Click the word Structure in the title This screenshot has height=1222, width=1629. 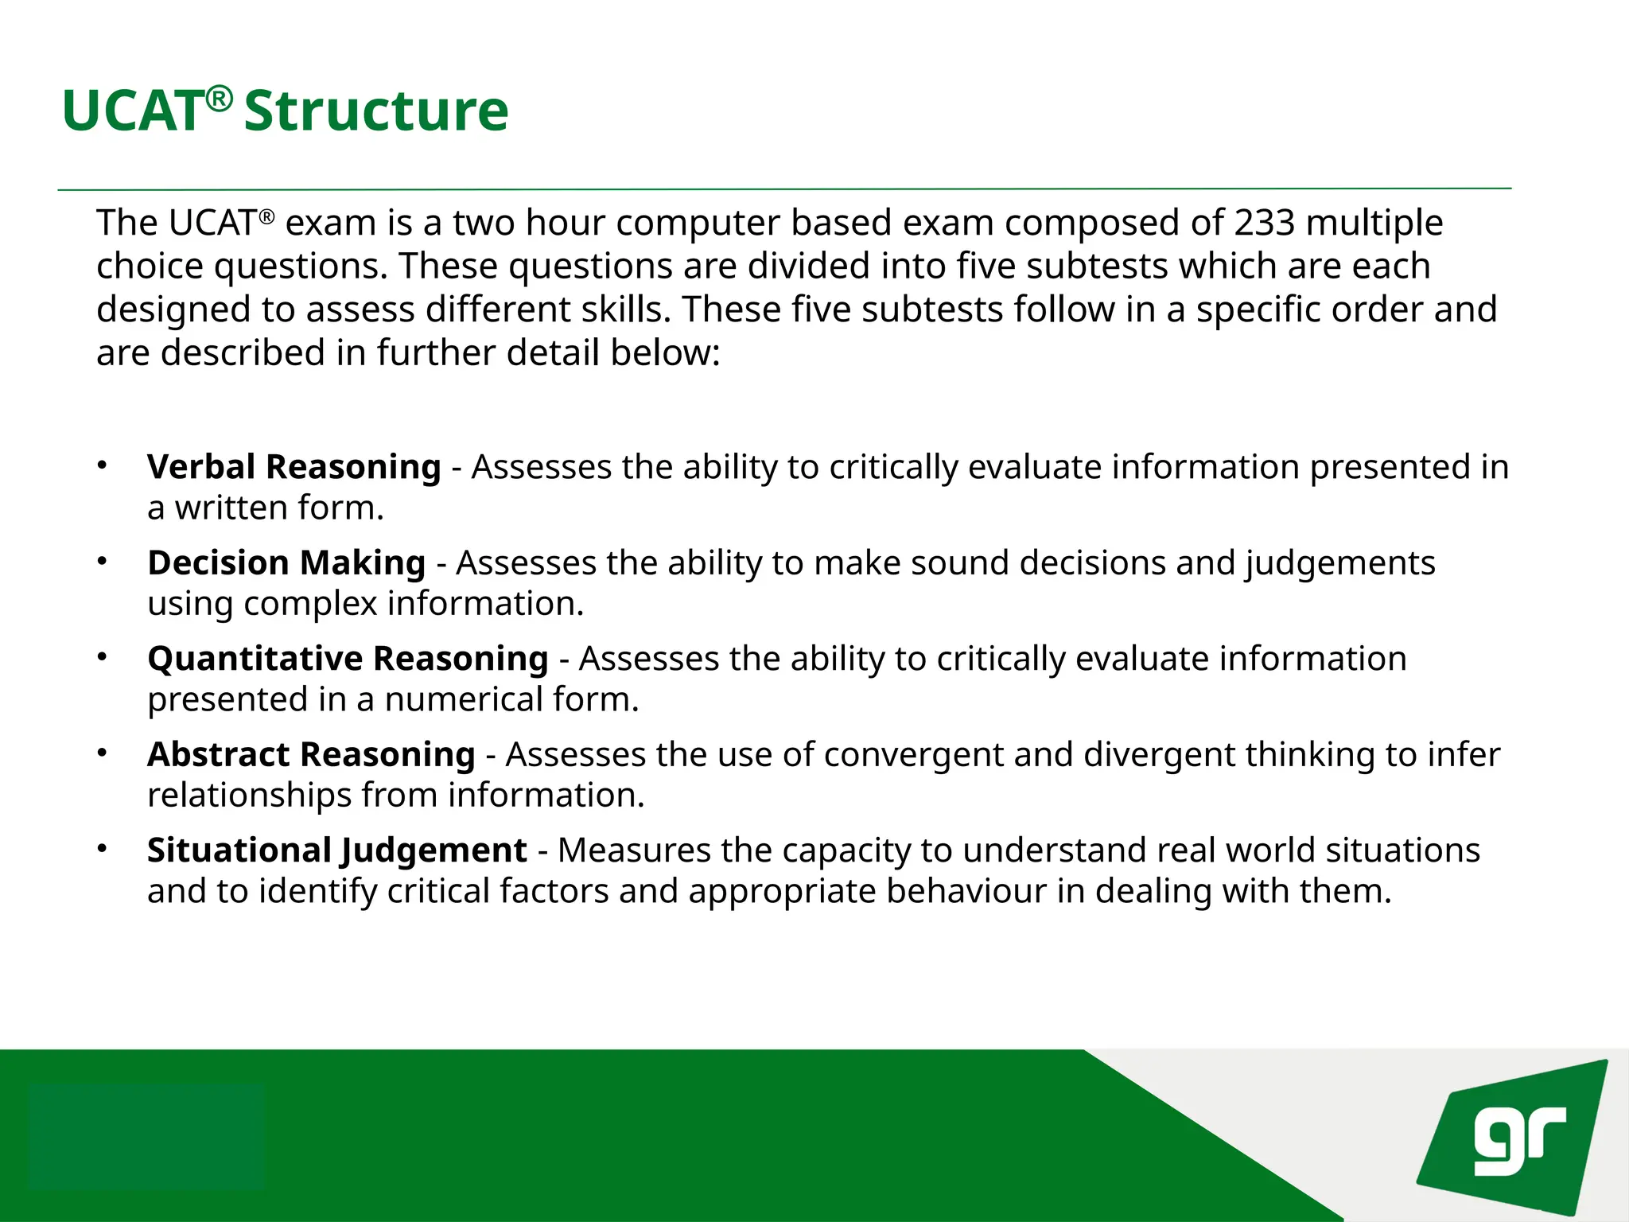375,111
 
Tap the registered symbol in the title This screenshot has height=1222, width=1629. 219,99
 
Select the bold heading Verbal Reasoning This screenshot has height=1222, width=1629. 294,467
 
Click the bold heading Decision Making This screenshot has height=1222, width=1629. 286,563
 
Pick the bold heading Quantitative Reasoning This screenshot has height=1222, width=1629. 348,659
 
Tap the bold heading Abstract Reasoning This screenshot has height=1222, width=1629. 311,754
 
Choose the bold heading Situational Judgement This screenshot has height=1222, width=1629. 336,850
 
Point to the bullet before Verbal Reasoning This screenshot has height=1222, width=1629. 102,465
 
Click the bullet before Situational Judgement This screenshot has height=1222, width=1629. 102,848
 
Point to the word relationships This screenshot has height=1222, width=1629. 249,796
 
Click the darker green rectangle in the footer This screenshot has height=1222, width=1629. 146,1135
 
